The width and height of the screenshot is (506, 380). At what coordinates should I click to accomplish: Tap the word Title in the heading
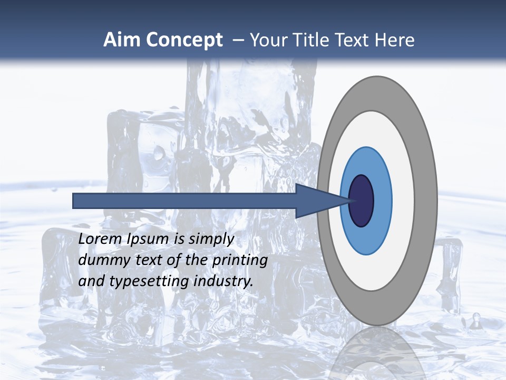310,40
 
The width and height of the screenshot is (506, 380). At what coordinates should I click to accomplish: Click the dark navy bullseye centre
362,201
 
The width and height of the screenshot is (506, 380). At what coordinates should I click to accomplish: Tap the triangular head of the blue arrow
316,201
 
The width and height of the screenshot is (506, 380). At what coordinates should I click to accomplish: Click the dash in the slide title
238,40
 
